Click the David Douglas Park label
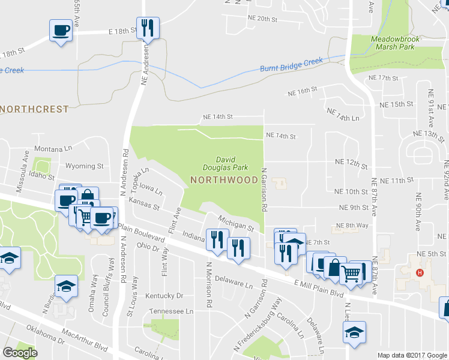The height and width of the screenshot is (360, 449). [224, 164]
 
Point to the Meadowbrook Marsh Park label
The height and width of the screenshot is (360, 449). [393, 42]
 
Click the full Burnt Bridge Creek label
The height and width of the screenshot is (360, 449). [291, 64]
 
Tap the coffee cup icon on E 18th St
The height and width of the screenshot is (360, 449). [61, 30]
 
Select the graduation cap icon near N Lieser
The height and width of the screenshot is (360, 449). [355, 332]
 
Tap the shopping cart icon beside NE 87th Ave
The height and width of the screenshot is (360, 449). [351, 275]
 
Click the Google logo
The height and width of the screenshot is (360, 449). [20, 353]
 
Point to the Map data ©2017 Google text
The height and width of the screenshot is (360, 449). [411, 355]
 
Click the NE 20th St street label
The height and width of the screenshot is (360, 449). [263, 19]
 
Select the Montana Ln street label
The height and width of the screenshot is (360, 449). [53, 149]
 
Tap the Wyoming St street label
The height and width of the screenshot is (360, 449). [84, 166]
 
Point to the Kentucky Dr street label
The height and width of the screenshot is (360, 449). [164, 296]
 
